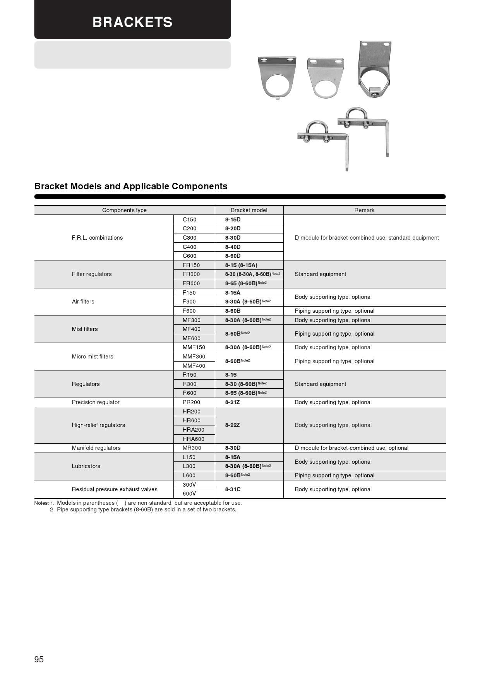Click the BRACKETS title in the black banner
pyautogui.click(x=132, y=22)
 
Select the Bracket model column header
pyautogui.click(x=249, y=210)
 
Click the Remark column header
pyautogui.click(x=364, y=210)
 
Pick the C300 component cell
pyautogui.click(x=190, y=238)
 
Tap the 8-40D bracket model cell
pyautogui.click(x=233, y=247)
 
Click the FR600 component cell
pyautogui.click(x=191, y=283)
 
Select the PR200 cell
pyautogui.click(x=192, y=402)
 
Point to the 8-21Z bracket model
pyautogui.click(x=232, y=402)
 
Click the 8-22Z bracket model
pyautogui.click(x=232, y=425)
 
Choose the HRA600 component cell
pyautogui.click(x=194, y=439)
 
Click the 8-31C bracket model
pyautogui.click(x=233, y=489)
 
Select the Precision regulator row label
pyautogui.click(x=96, y=402)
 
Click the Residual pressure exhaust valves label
pyautogui.click(x=115, y=489)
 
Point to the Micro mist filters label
pyautogui.click(x=93, y=357)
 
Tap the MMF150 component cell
pyautogui.click(x=194, y=347)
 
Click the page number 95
pyautogui.click(x=39, y=660)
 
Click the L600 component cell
pyautogui.click(x=189, y=475)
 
